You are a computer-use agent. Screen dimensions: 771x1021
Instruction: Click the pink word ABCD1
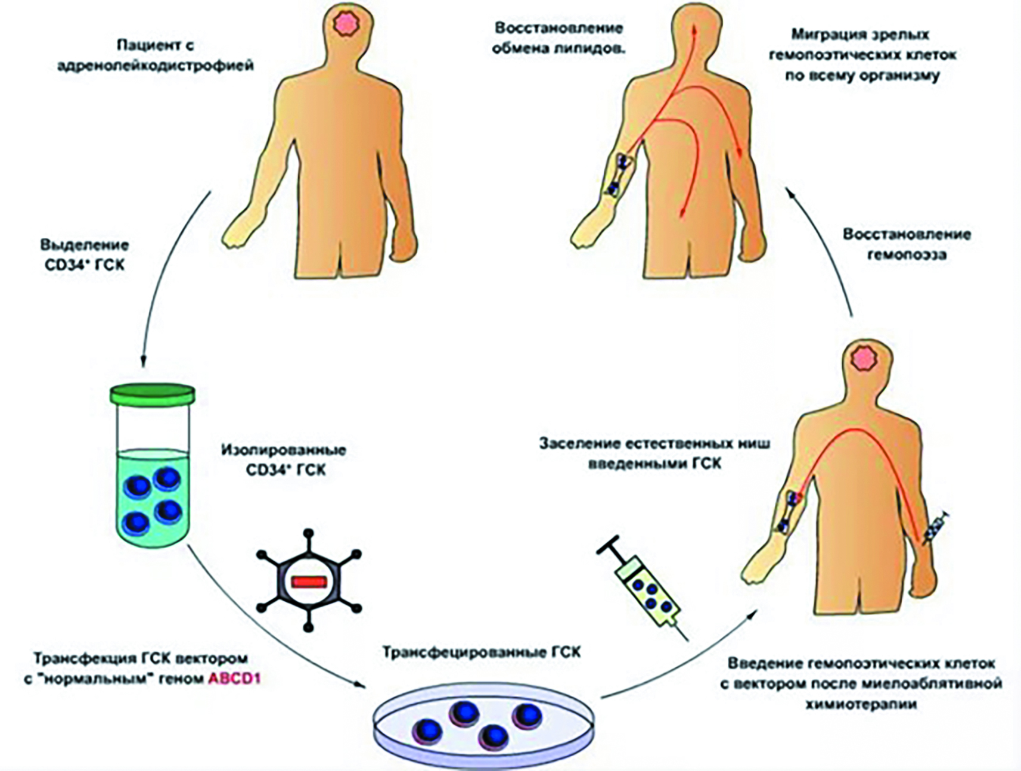[234, 679]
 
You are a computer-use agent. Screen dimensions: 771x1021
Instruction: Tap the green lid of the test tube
[153, 393]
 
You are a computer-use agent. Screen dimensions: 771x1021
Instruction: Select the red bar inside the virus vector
[308, 582]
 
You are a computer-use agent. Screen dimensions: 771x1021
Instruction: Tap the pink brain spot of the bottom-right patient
[861, 358]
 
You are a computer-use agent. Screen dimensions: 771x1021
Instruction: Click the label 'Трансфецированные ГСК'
[481, 652]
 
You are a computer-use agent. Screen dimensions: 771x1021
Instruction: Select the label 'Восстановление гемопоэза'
[906, 244]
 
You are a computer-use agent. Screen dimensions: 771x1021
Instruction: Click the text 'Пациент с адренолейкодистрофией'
[156, 55]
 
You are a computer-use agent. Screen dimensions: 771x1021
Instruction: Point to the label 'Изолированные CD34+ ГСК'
[284, 459]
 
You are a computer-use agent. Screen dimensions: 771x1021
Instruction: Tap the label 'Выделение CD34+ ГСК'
[85, 255]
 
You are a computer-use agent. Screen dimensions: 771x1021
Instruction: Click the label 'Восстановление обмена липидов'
[558, 39]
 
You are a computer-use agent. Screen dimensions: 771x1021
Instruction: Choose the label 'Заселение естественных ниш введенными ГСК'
[654, 453]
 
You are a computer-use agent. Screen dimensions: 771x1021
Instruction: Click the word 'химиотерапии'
[861, 704]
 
